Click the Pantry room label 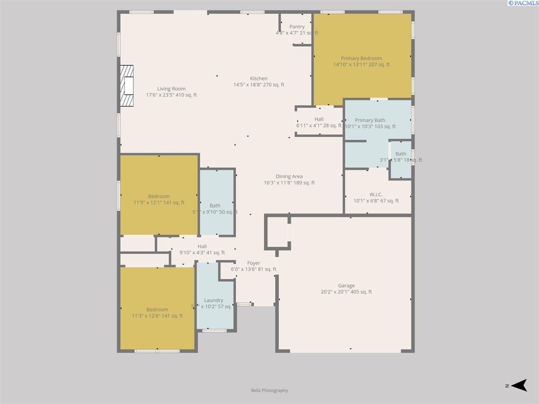coord(297,27)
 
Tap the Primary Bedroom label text coord(361,58)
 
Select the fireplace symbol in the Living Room coord(127,86)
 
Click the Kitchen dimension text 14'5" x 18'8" coord(259,85)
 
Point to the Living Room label coord(171,89)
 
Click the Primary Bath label coord(370,120)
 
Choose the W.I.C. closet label coord(376,194)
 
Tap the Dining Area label coord(289,176)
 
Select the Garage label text coord(346,285)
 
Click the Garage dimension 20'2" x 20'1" coord(346,292)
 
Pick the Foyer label coord(253,263)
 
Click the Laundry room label coord(213,300)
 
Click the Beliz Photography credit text coord(269,391)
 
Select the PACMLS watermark coord(522,3)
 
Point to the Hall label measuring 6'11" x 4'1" coord(319,119)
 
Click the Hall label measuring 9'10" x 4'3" coord(202,246)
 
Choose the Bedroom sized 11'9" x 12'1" coord(159,196)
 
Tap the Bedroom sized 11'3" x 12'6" coord(157,309)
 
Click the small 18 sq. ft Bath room coord(401,154)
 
